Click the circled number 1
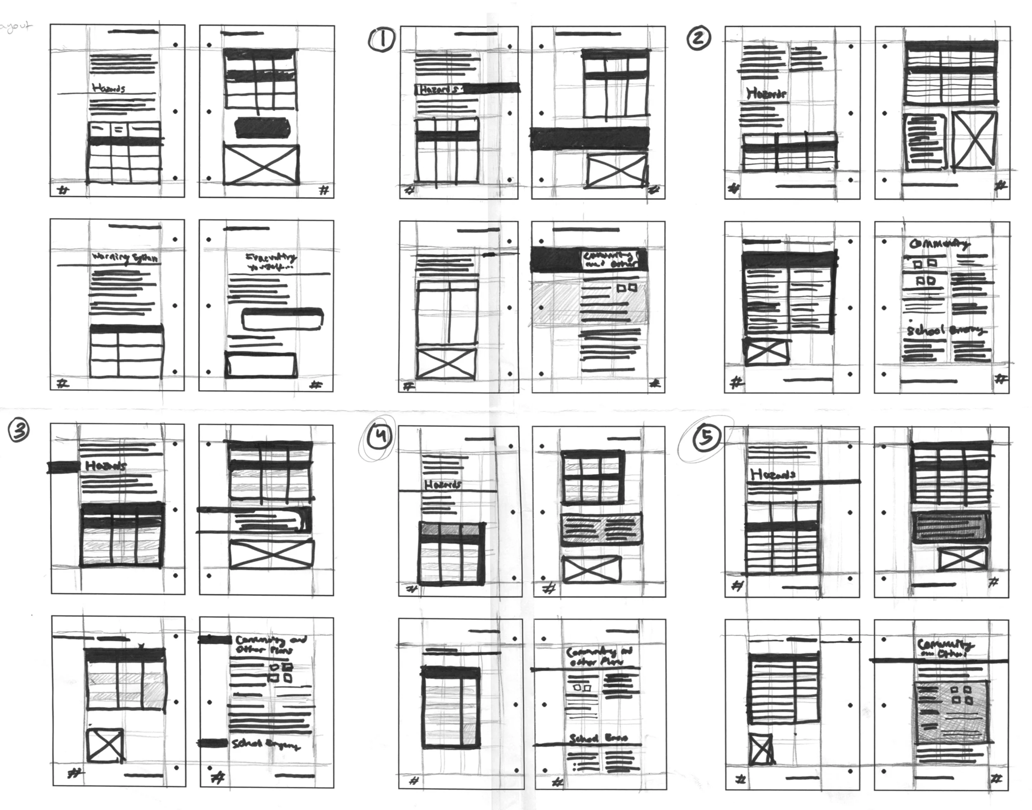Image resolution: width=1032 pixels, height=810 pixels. (381, 39)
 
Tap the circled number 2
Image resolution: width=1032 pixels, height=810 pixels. (698, 38)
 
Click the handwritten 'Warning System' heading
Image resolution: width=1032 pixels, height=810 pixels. (125, 258)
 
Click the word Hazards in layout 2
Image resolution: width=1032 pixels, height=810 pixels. (766, 93)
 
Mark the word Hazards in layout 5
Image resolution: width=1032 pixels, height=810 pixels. (773, 474)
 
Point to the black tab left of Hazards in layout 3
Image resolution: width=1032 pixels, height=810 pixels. (64, 467)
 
